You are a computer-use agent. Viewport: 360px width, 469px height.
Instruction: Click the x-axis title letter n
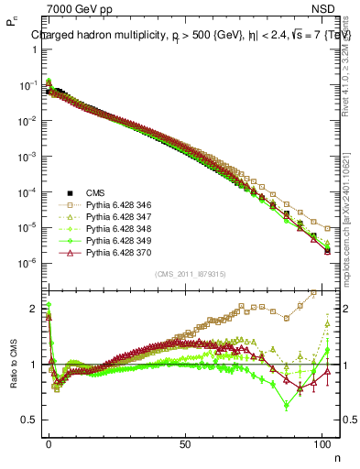click(x=336, y=458)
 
